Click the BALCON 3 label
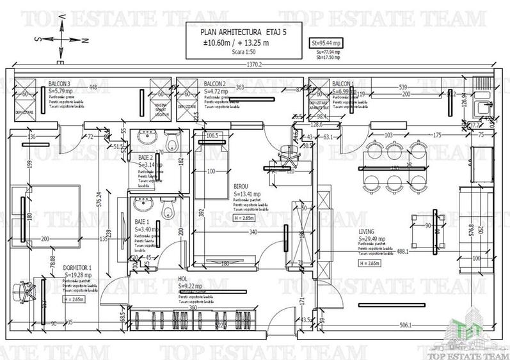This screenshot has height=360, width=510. point(60,84)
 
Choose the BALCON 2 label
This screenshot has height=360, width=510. point(214,84)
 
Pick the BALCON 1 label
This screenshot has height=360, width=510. point(343,84)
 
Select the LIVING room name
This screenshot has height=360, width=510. point(367,231)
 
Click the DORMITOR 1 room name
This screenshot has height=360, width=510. point(77,268)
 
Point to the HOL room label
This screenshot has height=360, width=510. point(184,279)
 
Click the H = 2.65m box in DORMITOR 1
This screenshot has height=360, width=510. point(76,299)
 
